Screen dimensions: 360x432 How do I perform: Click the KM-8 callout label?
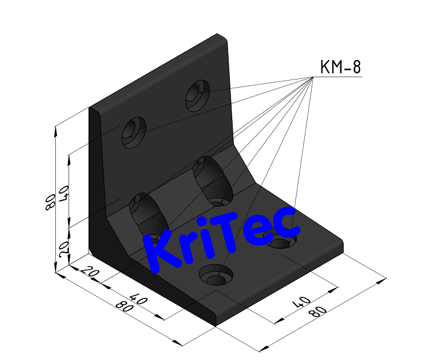pyautogui.click(x=340, y=68)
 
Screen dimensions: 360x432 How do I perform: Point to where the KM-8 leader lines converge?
pyautogui.click(x=312, y=77)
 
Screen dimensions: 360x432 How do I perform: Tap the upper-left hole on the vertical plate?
pyautogui.click(x=134, y=131)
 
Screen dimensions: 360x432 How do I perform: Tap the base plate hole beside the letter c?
pyautogui.click(x=283, y=240)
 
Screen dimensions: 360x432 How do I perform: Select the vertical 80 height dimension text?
pyautogui.click(x=50, y=201)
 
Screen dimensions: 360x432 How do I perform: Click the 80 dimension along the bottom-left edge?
pyautogui.click(x=124, y=306)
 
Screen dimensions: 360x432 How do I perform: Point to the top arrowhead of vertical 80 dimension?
pyautogui.click(x=55, y=130)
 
